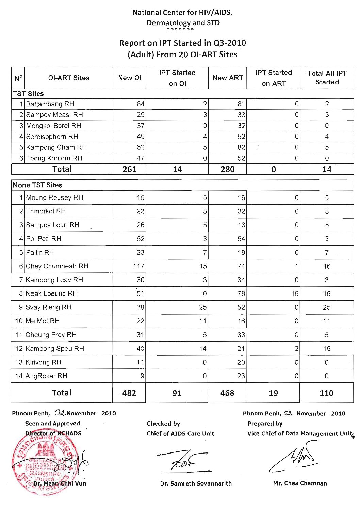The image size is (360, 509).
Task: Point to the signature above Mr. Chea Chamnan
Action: [296, 458]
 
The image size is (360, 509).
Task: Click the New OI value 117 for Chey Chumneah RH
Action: [138, 266]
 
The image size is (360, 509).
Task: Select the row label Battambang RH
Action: [50, 104]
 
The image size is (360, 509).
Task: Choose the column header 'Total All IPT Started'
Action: [327, 78]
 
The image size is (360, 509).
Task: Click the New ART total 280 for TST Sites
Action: [227, 169]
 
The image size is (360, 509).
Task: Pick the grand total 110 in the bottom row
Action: [326, 393]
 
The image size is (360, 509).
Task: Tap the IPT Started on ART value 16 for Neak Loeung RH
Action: [295, 294]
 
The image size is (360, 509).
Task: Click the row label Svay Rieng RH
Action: [49, 307]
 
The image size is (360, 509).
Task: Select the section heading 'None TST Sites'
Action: [37, 185]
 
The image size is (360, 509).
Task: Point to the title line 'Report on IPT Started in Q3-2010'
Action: [182, 43]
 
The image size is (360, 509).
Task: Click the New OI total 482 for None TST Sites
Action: [129, 393]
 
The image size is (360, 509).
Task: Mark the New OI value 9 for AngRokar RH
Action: [142, 376]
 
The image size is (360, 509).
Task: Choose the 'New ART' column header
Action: [227, 78]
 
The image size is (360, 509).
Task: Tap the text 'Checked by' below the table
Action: [163, 424]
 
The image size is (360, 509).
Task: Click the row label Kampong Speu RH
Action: [55, 349]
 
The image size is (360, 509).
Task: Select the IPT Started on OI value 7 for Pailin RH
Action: [205, 253]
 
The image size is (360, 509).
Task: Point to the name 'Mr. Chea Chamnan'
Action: [300, 483]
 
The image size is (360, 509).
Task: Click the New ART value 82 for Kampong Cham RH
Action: [241, 147]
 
